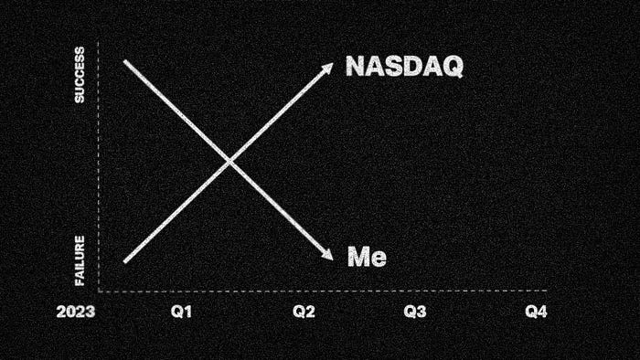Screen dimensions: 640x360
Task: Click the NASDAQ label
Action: pyautogui.click(x=404, y=66)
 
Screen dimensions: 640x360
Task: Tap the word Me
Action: pyautogui.click(x=367, y=257)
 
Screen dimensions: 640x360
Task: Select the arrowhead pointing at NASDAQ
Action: pyautogui.click(x=327, y=69)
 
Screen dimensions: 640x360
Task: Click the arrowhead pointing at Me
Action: pyautogui.click(x=327, y=254)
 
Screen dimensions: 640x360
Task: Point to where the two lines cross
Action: pyautogui.click(x=229, y=162)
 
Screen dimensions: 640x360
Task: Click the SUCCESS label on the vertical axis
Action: pyautogui.click(x=80, y=75)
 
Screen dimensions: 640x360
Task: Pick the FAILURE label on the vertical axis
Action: pyautogui.click(x=80, y=260)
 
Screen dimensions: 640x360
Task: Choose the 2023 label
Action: pyautogui.click(x=76, y=312)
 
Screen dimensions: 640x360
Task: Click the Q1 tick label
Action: pyautogui.click(x=181, y=312)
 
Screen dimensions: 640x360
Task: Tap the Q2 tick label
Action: pyautogui.click(x=304, y=312)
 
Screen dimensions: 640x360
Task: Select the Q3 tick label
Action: pyautogui.click(x=415, y=312)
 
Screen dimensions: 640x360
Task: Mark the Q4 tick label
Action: pyautogui.click(x=536, y=312)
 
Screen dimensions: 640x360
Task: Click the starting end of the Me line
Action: pyautogui.click(x=125, y=61)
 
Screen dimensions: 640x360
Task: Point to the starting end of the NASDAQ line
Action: pyautogui.click(x=125, y=261)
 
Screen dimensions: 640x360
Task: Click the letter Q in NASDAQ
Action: pyautogui.click(x=453, y=67)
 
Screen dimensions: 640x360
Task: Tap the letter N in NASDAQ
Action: pyautogui.click(x=356, y=66)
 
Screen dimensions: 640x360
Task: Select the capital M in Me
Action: pyautogui.click(x=358, y=257)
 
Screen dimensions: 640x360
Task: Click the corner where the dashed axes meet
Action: pyautogui.click(x=99, y=291)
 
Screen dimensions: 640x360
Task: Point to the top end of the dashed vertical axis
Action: pyautogui.click(x=99, y=41)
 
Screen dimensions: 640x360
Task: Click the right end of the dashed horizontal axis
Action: pyautogui.click(x=546, y=291)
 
